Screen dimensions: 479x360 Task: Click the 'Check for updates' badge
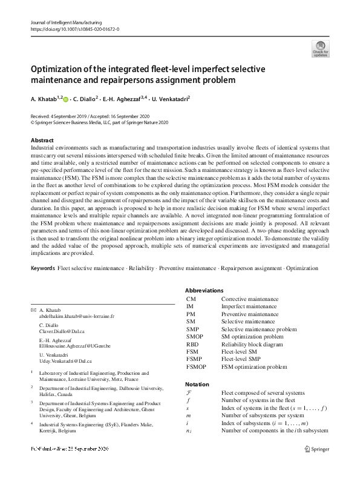(320, 48)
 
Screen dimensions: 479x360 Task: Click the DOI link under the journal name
(74, 29)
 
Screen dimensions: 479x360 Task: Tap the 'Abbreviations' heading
(204, 291)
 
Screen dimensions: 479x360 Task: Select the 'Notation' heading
(197, 384)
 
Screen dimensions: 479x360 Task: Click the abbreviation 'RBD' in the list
(193, 344)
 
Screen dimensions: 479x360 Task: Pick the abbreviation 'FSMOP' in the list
(197, 366)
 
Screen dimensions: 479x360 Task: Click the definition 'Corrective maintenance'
(249, 299)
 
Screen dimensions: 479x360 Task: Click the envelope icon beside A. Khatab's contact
(33, 309)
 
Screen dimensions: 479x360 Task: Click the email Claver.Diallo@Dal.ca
(62, 332)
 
